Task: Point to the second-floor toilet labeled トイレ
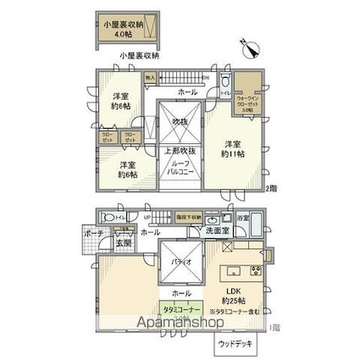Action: [x=224, y=86]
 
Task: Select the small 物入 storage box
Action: [x=150, y=78]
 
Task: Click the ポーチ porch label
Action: [x=93, y=232]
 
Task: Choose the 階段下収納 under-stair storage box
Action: [x=189, y=219]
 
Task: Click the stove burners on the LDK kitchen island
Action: [x=255, y=270]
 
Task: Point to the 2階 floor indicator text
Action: [x=271, y=188]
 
